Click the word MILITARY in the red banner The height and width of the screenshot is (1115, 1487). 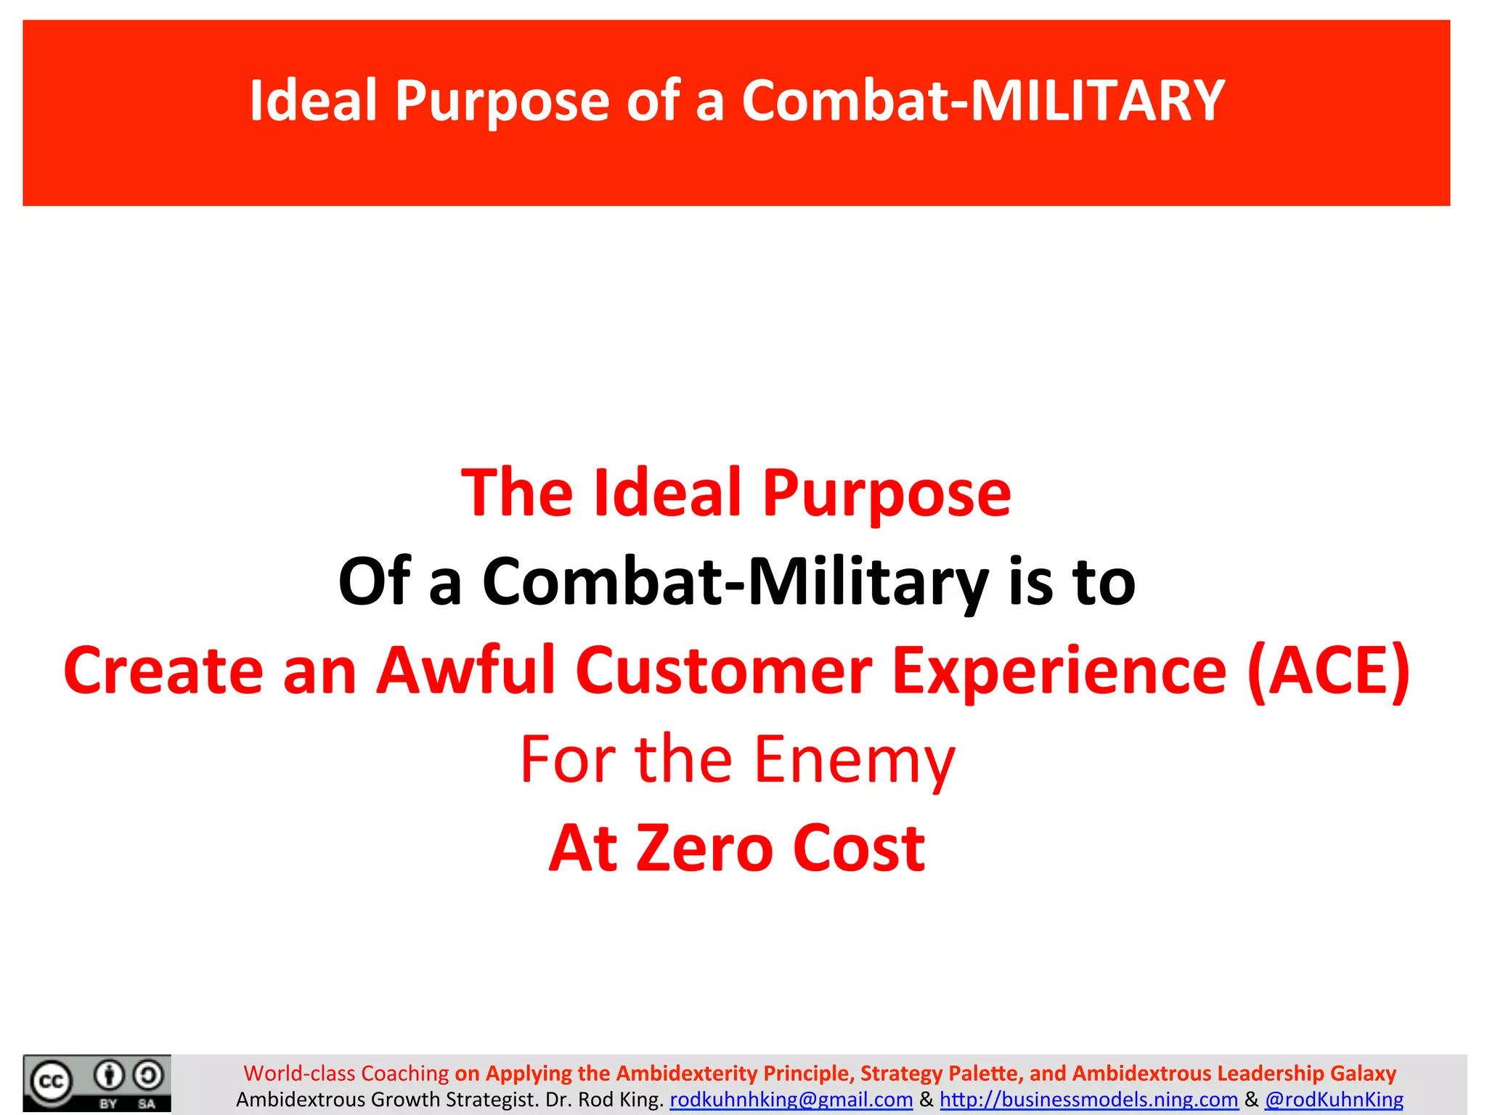click(x=1097, y=101)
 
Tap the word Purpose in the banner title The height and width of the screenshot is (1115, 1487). click(x=502, y=101)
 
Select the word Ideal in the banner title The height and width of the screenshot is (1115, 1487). click(x=314, y=101)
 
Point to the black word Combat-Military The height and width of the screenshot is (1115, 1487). click(x=735, y=581)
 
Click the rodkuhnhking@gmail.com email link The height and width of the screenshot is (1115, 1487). click(x=791, y=1100)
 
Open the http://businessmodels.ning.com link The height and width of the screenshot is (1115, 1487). click(x=1088, y=1100)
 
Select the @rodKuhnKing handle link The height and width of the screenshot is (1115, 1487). click(x=1334, y=1100)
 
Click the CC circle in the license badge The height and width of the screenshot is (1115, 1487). click(x=51, y=1082)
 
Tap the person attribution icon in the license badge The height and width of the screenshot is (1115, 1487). click(x=110, y=1075)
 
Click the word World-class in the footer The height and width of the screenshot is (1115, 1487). click(x=299, y=1073)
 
